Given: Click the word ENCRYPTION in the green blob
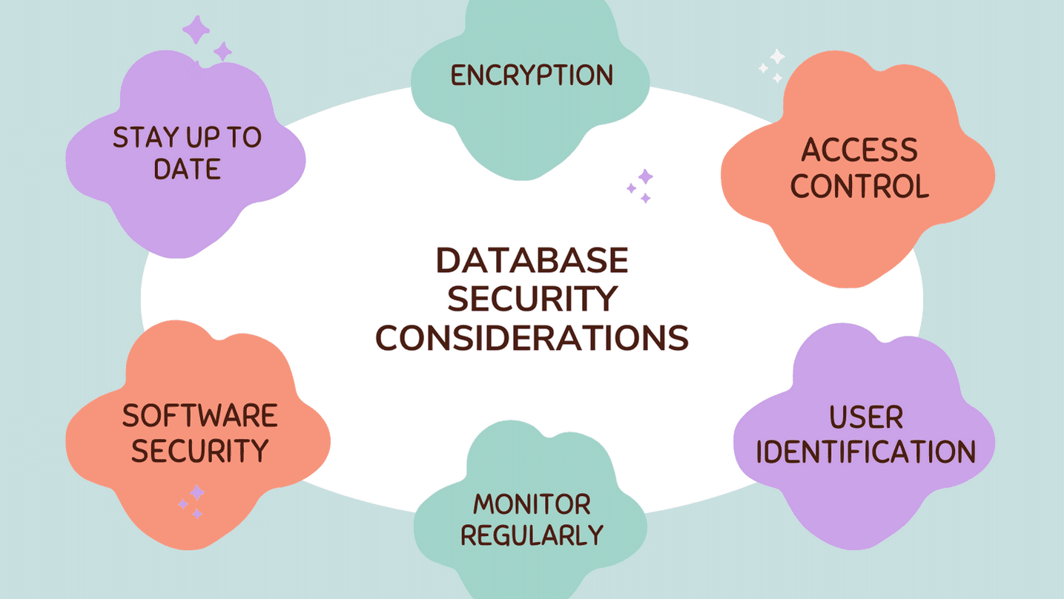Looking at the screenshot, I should pos(532,75).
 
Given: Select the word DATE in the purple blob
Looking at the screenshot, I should pos(187,169).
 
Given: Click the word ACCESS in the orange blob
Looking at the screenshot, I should pos(859,150).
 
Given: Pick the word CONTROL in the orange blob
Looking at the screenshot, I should pos(859,186).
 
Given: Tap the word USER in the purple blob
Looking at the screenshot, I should pos(865,417).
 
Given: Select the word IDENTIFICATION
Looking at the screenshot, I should pos(865,452).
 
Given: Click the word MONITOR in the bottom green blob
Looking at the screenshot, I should pos(532,504).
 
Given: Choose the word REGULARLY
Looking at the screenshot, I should pos(532,535).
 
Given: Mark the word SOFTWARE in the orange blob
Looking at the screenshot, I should pos(199,416).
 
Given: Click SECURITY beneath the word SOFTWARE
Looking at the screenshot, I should pos(199,451).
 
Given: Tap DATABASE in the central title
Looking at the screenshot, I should pos(532,261).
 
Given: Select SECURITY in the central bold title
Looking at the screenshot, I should pos(532,299).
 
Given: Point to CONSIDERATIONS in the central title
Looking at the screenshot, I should pos(532,338).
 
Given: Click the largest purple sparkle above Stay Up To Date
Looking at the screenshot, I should pos(196,30).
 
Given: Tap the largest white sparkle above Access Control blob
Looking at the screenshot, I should pos(776,56).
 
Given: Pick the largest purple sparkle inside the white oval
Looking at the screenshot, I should pos(645,176).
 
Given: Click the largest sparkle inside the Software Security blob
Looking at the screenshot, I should pos(196,492).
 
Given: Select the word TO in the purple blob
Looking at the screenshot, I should pos(245,138).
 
